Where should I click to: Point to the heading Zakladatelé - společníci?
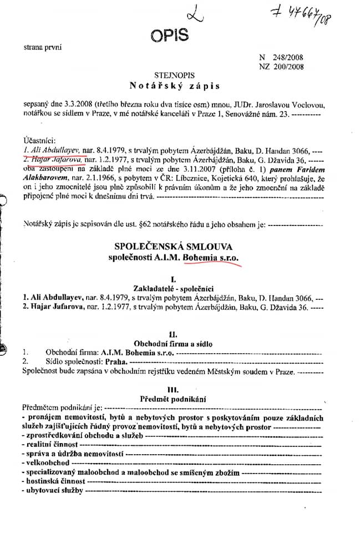(174, 287)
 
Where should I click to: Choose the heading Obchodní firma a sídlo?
(174, 344)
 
